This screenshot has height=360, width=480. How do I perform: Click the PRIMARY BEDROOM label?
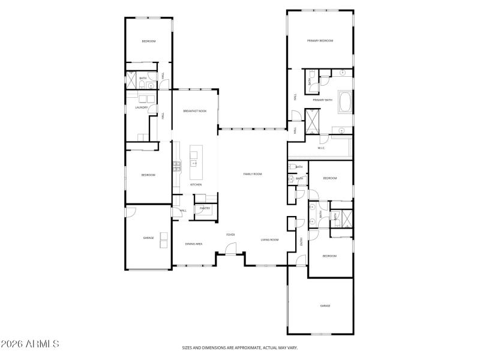(320, 41)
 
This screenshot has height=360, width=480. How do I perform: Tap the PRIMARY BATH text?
(322, 100)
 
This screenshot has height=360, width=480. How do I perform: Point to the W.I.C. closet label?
(321, 148)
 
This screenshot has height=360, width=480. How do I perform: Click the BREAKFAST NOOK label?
(195, 111)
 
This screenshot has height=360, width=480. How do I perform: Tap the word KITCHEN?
(196, 185)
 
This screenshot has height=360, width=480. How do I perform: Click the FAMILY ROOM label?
(253, 174)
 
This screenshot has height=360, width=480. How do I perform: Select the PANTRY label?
(205, 208)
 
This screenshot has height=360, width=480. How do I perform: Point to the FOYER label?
(230, 235)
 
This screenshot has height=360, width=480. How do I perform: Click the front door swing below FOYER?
(232, 248)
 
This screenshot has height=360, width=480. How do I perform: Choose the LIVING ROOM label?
(269, 240)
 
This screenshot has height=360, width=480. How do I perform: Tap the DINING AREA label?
(193, 244)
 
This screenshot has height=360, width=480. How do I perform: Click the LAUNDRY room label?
(141, 108)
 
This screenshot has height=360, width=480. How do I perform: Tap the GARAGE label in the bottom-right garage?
(325, 306)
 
